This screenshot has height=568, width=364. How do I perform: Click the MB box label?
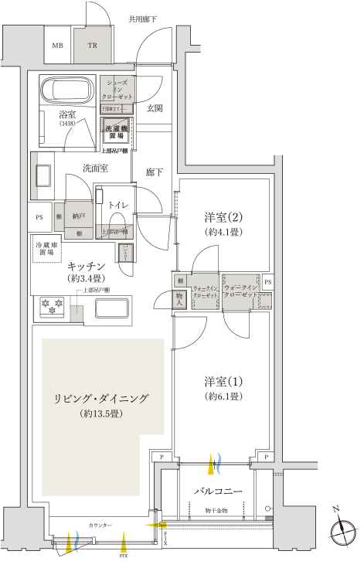57,46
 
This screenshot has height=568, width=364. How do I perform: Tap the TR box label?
92,46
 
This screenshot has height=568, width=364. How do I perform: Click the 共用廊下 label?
142,17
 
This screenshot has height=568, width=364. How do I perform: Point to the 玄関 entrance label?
155,108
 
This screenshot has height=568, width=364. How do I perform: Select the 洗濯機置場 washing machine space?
117,133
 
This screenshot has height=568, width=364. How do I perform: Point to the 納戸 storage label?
79,217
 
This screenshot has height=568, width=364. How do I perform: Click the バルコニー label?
219,491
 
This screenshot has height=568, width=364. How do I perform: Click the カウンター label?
99,525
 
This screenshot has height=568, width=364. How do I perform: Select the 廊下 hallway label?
155,172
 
